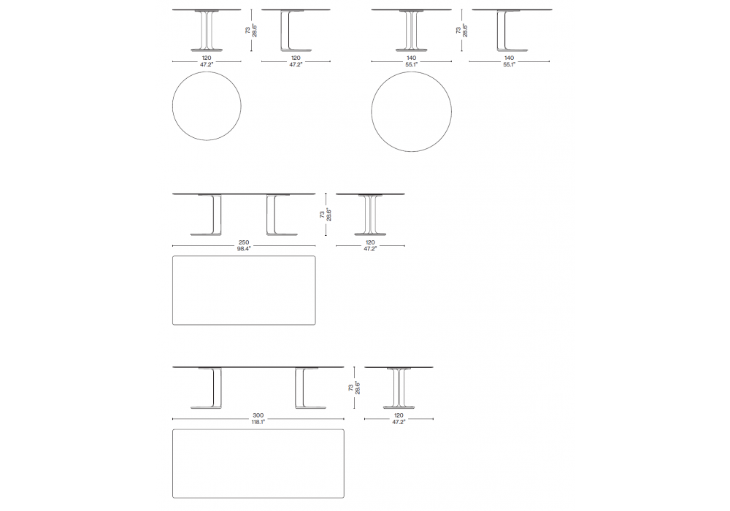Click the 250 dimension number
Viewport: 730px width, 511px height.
pyautogui.click(x=244, y=242)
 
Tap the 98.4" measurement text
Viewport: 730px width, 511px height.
pyautogui.click(x=244, y=249)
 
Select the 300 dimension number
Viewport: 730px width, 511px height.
pyautogui.click(x=258, y=415)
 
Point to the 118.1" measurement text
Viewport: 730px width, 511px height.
pyautogui.click(x=258, y=422)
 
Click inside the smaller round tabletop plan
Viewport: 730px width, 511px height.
pyautogui.click(x=207, y=106)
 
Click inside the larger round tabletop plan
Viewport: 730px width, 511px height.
pyautogui.click(x=412, y=111)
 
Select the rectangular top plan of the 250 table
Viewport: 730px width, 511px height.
pyautogui.click(x=244, y=291)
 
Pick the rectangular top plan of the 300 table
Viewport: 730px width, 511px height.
pyautogui.click(x=258, y=464)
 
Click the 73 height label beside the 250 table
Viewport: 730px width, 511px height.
pyautogui.click(x=322, y=215)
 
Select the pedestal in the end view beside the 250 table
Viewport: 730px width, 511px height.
pyautogui.click(x=370, y=215)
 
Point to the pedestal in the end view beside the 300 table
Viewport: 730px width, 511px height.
pyautogui.click(x=399, y=388)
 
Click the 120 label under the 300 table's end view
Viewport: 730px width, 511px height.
pyautogui.click(x=399, y=415)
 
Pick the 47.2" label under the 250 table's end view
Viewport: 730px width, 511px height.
pyautogui.click(x=370, y=249)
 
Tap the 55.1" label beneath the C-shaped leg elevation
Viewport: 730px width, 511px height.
pyautogui.click(x=509, y=65)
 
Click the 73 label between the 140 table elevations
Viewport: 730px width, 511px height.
pyautogui.click(x=458, y=30)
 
